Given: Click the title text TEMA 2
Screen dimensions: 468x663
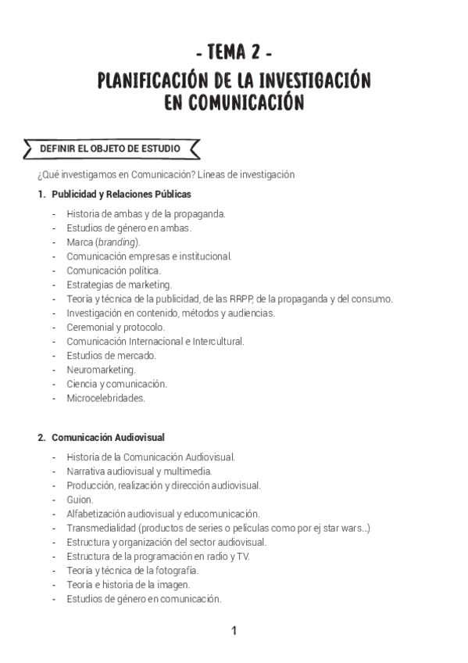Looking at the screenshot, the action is [x=234, y=53].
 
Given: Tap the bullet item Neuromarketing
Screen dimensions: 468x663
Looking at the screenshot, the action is [x=101, y=369].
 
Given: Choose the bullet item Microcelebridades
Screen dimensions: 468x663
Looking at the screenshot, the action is [x=105, y=398].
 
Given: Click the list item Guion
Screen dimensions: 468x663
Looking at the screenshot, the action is [x=80, y=499].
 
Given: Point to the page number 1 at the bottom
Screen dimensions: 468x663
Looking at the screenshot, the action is [x=234, y=631].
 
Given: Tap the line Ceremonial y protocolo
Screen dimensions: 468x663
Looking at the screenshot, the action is [x=115, y=327].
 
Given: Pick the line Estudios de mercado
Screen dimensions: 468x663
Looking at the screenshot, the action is [x=111, y=355].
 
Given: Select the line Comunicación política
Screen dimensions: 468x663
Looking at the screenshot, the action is [x=113, y=270].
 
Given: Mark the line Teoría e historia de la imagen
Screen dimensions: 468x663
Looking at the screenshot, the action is [x=128, y=584].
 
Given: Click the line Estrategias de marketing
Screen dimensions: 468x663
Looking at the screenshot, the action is [x=119, y=285].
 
